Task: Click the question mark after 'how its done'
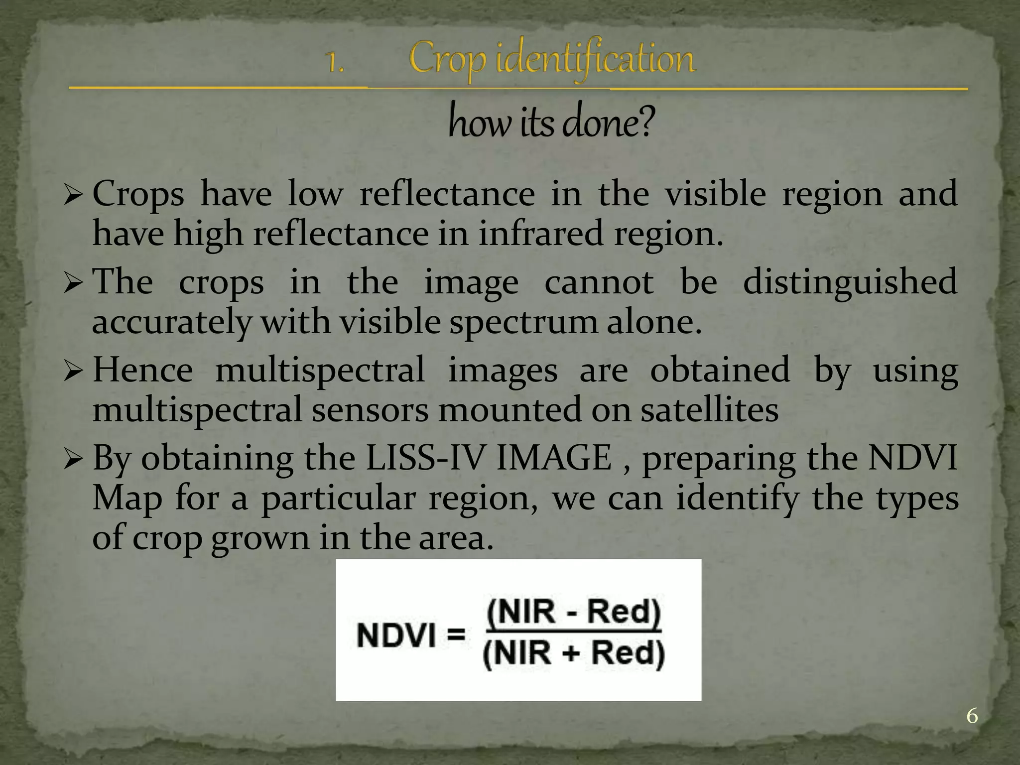coord(644,124)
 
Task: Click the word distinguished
coord(850,282)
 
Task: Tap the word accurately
coord(171,322)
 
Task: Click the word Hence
coord(143,370)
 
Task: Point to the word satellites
coord(709,410)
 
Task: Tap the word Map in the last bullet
coord(127,498)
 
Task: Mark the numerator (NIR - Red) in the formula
coord(574,612)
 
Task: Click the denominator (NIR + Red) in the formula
coord(574,653)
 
